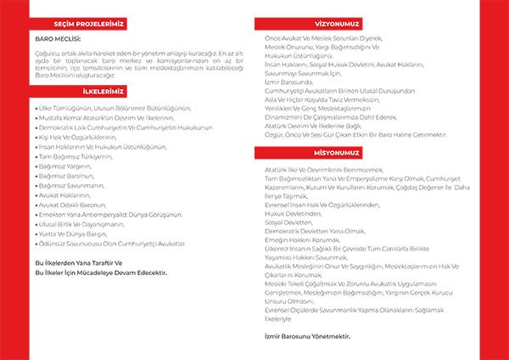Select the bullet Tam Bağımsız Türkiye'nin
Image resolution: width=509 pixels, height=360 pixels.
pos(77,158)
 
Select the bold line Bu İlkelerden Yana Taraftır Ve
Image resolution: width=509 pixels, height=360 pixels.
pos(80,263)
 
